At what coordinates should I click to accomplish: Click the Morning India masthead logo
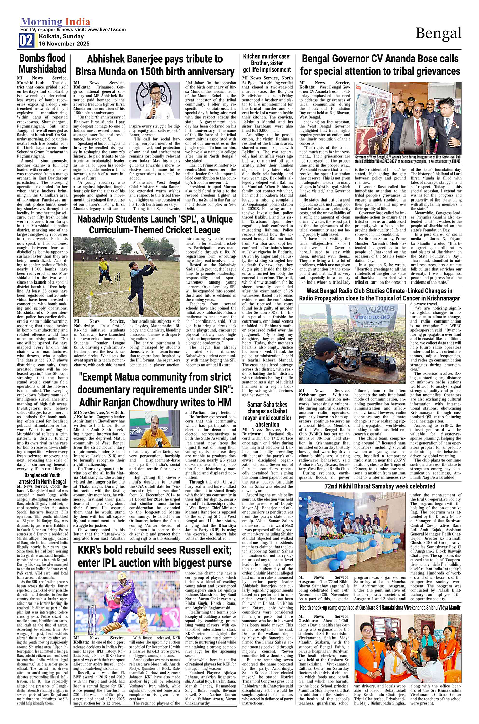click(55, 22)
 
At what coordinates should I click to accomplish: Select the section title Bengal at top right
click(438, 33)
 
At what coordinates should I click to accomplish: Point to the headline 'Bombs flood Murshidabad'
click(43, 63)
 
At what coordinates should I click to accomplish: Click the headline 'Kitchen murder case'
click(267, 63)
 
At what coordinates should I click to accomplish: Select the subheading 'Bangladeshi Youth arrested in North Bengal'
click(46, 479)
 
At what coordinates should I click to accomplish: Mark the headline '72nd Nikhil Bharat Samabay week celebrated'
click(380, 486)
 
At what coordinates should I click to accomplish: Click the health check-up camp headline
click(380, 607)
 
